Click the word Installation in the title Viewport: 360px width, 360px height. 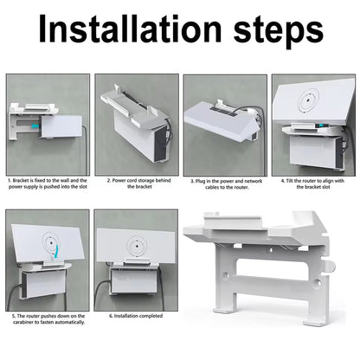pos(130,29)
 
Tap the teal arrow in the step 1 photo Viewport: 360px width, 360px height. pos(35,125)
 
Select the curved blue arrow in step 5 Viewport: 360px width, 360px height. pos(56,250)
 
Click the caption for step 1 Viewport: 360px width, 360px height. pos(48,183)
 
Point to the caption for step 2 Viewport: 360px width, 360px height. pos(139,183)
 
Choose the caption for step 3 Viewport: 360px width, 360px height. pos(227,184)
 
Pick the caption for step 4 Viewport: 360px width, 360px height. pos(312,183)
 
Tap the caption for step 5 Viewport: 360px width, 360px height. pos(48,319)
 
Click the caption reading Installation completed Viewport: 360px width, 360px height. pos(136,316)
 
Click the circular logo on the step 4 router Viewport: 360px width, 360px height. pos(308,100)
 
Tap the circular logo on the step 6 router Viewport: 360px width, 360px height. pos(136,247)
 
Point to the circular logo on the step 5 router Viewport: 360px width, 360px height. pos(51,242)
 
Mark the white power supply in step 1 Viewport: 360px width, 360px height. pos(61,126)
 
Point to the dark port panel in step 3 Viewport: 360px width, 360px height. pos(224,110)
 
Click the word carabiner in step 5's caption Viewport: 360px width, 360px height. pos(25,322)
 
